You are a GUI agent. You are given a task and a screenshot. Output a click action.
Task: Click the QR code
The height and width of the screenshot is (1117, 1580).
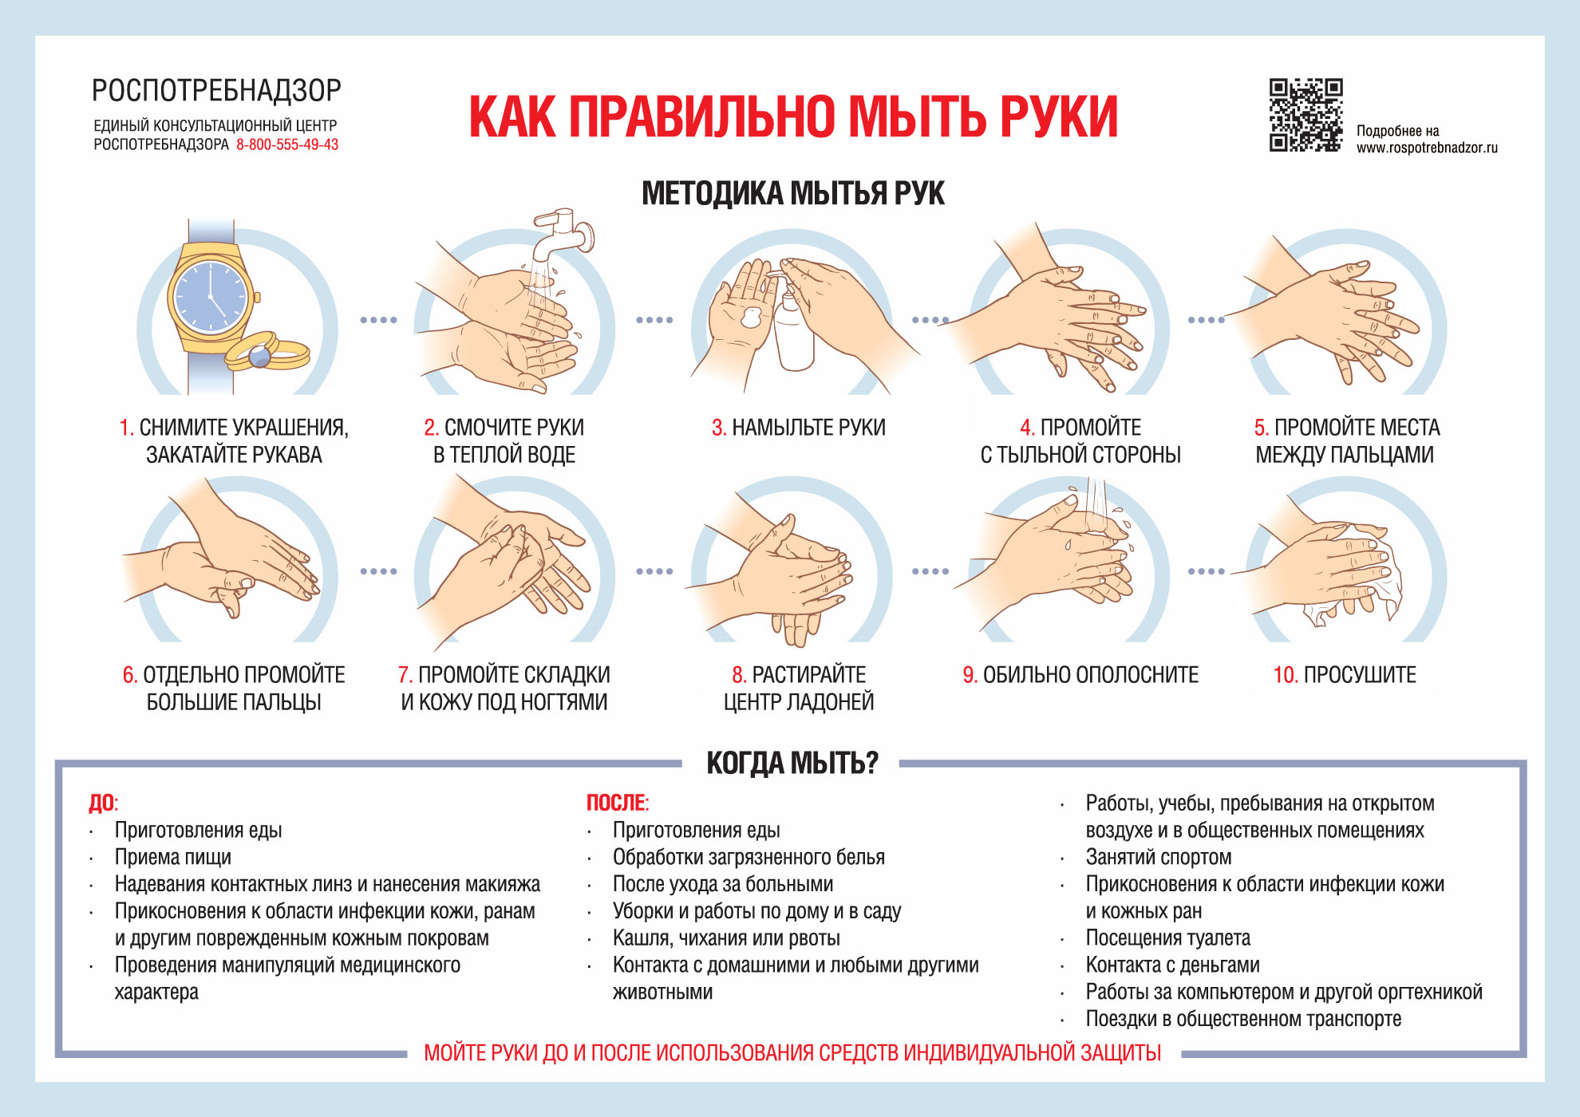point(1305,115)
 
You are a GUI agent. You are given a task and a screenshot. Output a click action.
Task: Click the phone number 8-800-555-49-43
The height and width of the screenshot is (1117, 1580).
point(287,145)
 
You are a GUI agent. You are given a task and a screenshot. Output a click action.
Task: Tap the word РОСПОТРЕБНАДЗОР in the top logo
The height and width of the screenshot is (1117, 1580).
point(216,91)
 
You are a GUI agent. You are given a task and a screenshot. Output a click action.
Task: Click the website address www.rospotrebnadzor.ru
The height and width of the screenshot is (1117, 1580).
point(1427,148)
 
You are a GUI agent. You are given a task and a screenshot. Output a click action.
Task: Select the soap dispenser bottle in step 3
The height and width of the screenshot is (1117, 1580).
point(794,331)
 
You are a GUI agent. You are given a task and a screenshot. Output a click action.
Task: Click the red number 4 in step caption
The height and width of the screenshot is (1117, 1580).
point(1026,428)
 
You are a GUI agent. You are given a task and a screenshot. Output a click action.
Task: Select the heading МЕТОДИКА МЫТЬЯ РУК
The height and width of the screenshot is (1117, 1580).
point(792,194)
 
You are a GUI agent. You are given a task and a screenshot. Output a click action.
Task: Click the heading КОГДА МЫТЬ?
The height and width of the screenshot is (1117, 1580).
point(792,764)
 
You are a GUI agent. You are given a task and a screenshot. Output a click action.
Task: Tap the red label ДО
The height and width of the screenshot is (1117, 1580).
point(101,803)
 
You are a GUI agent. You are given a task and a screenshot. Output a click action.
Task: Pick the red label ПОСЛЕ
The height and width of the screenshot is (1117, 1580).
point(616,803)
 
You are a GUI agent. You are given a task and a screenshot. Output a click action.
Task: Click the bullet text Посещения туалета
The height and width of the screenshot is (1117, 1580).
point(1167,938)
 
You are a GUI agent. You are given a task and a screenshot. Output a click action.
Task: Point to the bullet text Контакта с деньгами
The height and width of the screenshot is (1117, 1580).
point(1172,965)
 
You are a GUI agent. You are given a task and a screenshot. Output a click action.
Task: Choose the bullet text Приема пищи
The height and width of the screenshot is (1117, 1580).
point(173,858)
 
